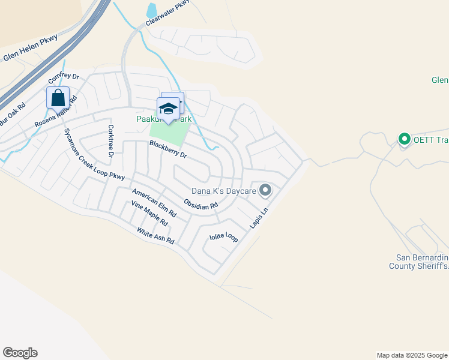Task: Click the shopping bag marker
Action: (x=58, y=98)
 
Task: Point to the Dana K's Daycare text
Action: (x=224, y=191)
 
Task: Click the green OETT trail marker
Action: (x=404, y=140)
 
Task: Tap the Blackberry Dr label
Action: (x=169, y=149)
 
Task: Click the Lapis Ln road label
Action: (x=259, y=218)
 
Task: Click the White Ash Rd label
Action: (x=155, y=235)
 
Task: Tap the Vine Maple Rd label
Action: (x=149, y=214)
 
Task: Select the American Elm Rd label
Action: (x=154, y=202)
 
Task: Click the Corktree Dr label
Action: (x=110, y=141)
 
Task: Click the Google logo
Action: (x=20, y=353)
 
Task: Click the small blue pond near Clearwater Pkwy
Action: (x=152, y=10)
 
